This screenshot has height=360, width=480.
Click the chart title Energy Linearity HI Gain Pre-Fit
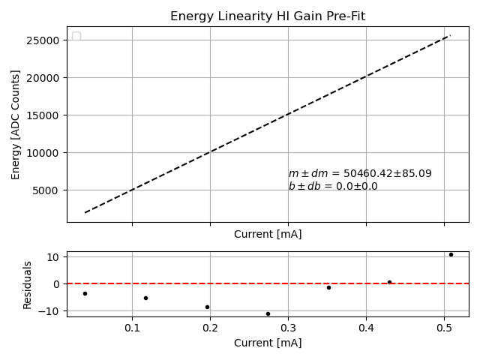click(x=268, y=16)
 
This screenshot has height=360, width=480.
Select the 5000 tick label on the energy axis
click(x=48, y=190)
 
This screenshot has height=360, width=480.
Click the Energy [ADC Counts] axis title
click(x=16, y=124)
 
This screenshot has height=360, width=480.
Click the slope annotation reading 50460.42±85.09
click(x=360, y=174)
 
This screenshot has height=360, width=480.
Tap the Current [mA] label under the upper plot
click(x=268, y=234)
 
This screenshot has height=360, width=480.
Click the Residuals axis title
click(x=28, y=284)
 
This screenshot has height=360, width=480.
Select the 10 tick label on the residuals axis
click(x=53, y=257)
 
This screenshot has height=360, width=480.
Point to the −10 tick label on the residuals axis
click(x=50, y=311)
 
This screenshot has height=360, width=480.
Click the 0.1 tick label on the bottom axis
click(x=132, y=328)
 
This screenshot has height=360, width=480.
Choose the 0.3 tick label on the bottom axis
click(x=288, y=328)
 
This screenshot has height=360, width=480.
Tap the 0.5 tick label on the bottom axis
click(x=444, y=328)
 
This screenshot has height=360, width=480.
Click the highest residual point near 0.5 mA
click(x=451, y=254)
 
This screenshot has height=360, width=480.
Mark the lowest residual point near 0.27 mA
click(x=268, y=313)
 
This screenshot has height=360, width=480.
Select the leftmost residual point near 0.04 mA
click(x=85, y=293)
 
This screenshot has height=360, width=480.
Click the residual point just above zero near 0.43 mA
click(x=389, y=282)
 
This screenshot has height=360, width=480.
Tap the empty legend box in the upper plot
click(x=76, y=37)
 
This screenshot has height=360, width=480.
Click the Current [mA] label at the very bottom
click(x=268, y=343)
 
